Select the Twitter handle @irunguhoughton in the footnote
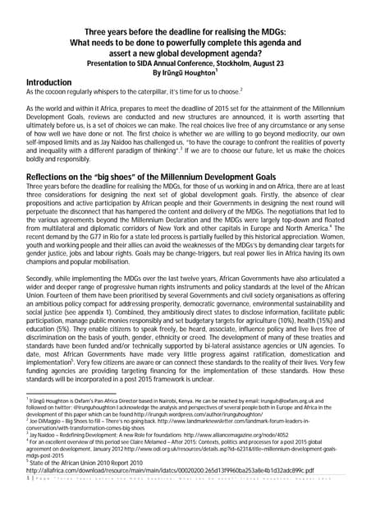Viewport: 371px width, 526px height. (89, 408)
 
